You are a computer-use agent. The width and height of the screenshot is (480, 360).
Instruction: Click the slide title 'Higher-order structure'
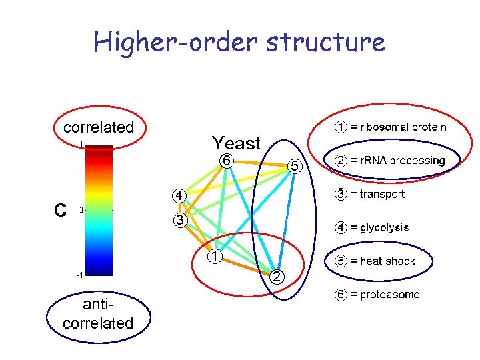point(239,42)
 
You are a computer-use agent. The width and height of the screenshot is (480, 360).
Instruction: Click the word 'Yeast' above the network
point(236,143)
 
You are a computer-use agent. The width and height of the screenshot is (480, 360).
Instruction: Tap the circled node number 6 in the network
point(227,161)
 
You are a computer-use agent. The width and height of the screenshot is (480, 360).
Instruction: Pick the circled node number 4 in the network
point(178,195)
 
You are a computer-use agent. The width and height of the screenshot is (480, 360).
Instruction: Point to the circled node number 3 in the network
point(178,220)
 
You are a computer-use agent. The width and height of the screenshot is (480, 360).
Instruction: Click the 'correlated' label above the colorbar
point(98,127)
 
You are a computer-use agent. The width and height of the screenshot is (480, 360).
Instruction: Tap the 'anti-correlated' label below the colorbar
point(98,315)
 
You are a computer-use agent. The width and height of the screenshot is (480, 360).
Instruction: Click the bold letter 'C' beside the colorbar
point(60,211)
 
